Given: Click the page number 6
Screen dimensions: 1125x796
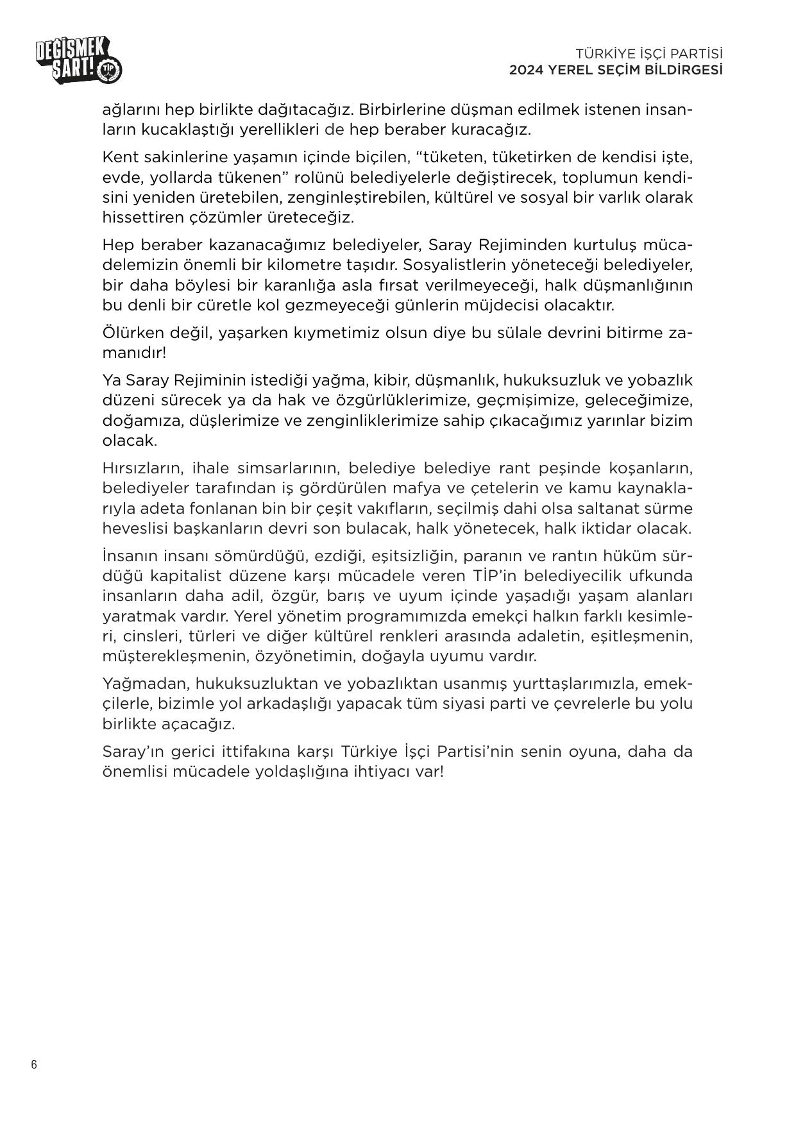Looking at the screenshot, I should coord(34,1065).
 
